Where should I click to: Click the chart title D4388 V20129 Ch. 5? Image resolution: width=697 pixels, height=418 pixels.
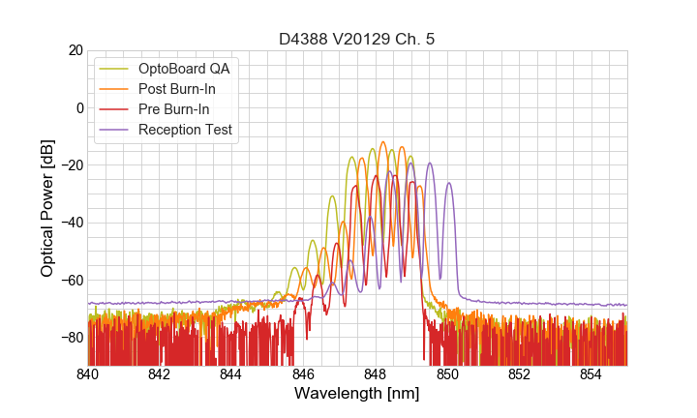357,39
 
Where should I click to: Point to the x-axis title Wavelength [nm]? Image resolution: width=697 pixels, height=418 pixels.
357,394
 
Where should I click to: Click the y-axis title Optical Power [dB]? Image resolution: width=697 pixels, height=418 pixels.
47,207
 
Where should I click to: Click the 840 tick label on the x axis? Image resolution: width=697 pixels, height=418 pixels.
88,374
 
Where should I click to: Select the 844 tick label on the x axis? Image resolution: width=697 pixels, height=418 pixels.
231,374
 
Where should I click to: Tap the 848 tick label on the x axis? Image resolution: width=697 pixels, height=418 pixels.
376,374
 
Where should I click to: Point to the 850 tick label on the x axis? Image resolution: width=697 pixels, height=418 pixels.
447,374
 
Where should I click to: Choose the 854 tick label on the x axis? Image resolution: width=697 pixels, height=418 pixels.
591,374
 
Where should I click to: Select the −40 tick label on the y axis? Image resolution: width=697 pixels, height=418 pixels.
71,223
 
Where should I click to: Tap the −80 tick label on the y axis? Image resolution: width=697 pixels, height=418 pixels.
71,338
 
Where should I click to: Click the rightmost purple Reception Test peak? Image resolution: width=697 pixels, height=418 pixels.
449,184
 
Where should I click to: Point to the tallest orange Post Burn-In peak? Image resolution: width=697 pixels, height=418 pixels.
382,143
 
